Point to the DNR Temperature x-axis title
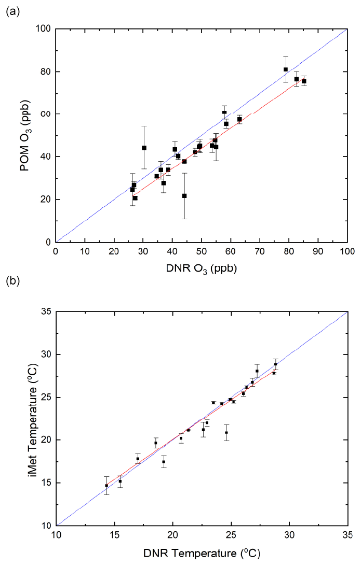[x=201, y=551]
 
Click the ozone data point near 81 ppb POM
[x=286, y=69]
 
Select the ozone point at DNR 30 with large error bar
[x=144, y=148]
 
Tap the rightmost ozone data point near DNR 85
[x=304, y=81]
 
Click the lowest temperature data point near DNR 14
[x=106, y=486]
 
